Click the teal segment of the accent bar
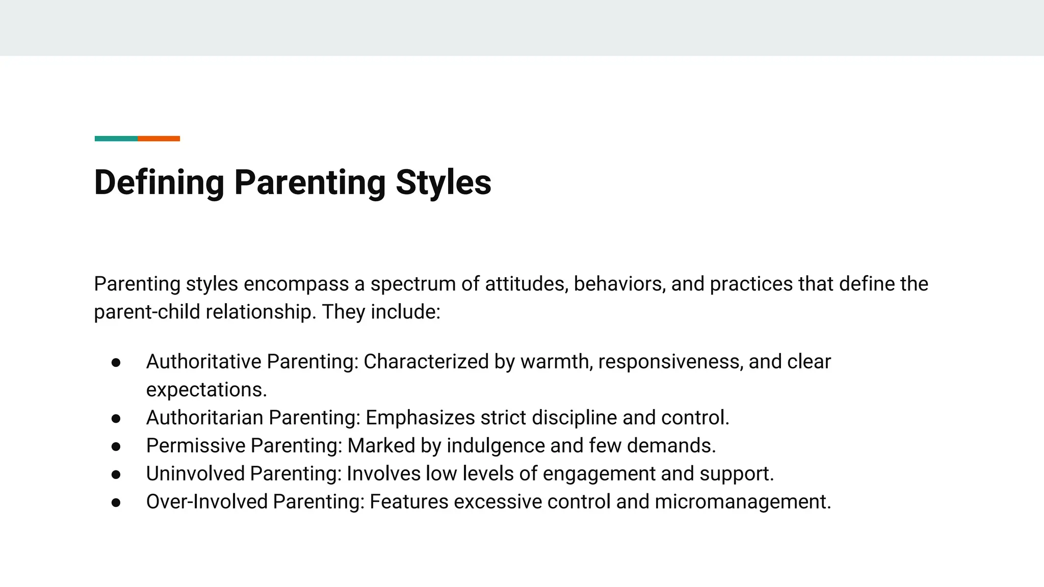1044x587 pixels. (x=116, y=139)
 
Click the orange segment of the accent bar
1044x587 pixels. (x=159, y=139)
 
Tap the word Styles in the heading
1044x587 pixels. (x=443, y=182)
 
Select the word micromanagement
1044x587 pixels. (x=742, y=502)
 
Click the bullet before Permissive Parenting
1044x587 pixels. (x=116, y=446)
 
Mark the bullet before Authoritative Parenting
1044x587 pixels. (x=116, y=362)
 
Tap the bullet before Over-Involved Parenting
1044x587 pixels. (x=116, y=502)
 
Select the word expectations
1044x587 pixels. (x=206, y=390)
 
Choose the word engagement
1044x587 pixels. (x=599, y=474)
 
